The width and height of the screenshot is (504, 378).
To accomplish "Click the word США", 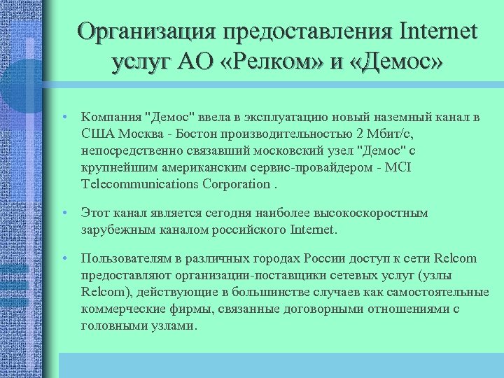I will [97, 133].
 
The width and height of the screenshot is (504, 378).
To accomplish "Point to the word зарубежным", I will [113, 230].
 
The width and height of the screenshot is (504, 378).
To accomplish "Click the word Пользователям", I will [122, 259].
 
